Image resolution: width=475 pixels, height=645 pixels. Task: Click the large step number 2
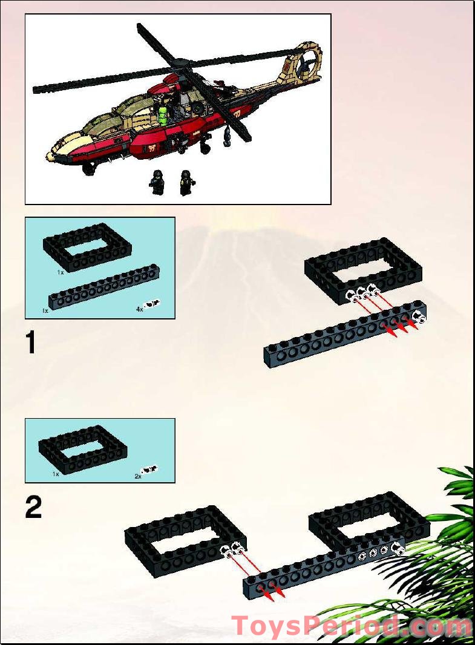point(33,508)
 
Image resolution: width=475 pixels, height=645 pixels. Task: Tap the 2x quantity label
point(137,476)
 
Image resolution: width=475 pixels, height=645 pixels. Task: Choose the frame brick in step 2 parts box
point(83,448)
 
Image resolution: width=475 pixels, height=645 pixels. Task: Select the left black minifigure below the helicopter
point(158,182)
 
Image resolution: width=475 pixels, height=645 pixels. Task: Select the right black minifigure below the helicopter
point(185,182)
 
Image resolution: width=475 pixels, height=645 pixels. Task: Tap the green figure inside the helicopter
point(163,112)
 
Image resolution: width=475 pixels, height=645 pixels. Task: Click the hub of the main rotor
point(176,62)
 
